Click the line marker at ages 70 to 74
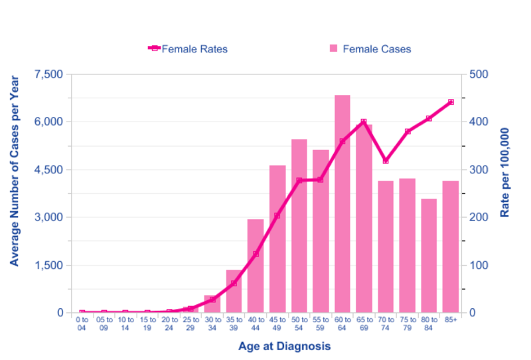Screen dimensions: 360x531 pyautogui.click(x=386, y=161)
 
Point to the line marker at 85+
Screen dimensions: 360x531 pyautogui.click(x=451, y=102)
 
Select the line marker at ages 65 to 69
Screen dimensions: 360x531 pyautogui.click(x=364, y=122)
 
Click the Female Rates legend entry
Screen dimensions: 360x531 pyautogui.click(x=194, y=48)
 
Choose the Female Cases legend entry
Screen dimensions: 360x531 pyautogui.click(x=376, y=48)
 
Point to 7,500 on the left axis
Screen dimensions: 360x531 pyautogui.click(x=46, y=74)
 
